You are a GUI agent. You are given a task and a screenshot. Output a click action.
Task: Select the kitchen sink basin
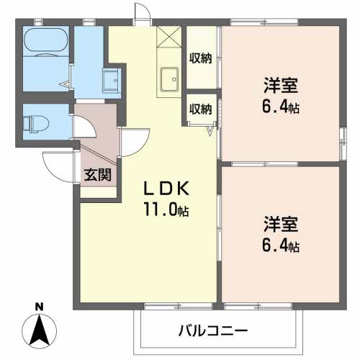(x=170, y=77)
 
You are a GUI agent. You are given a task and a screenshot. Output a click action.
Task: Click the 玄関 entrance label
(x=97, y=175)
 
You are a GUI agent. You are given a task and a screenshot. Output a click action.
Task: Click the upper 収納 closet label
(x=202, y=58)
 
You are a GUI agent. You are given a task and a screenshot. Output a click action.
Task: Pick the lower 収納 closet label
(x=201, y=109)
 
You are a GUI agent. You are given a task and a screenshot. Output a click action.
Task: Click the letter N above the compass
(x=40, y=307)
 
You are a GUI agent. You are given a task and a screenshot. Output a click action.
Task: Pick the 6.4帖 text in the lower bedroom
(x=279, y=246)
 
